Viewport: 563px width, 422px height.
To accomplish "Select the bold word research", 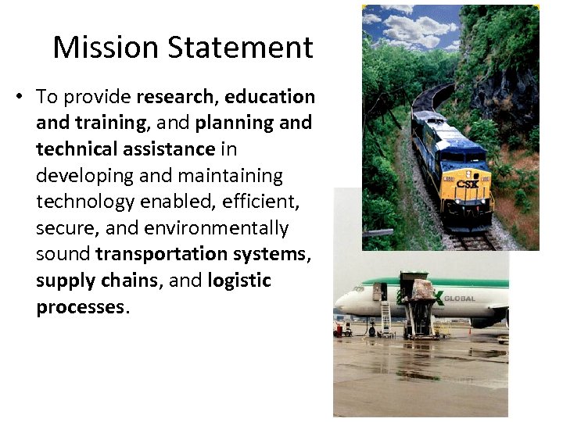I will point(178,97).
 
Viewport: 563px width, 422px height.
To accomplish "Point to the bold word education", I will point(270,97).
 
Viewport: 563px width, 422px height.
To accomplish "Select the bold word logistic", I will point(239,281).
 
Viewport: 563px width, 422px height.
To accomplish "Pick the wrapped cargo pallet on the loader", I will point(423,290).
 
